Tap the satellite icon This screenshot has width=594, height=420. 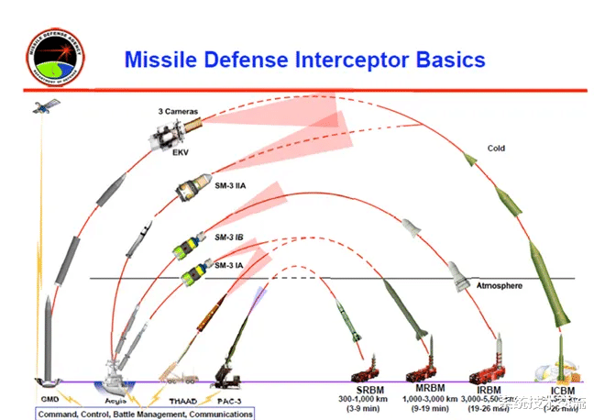click(x=41, y=107)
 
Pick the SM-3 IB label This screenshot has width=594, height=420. click(x=228, y=237)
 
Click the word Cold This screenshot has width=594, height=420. click(x=496, y=149)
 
